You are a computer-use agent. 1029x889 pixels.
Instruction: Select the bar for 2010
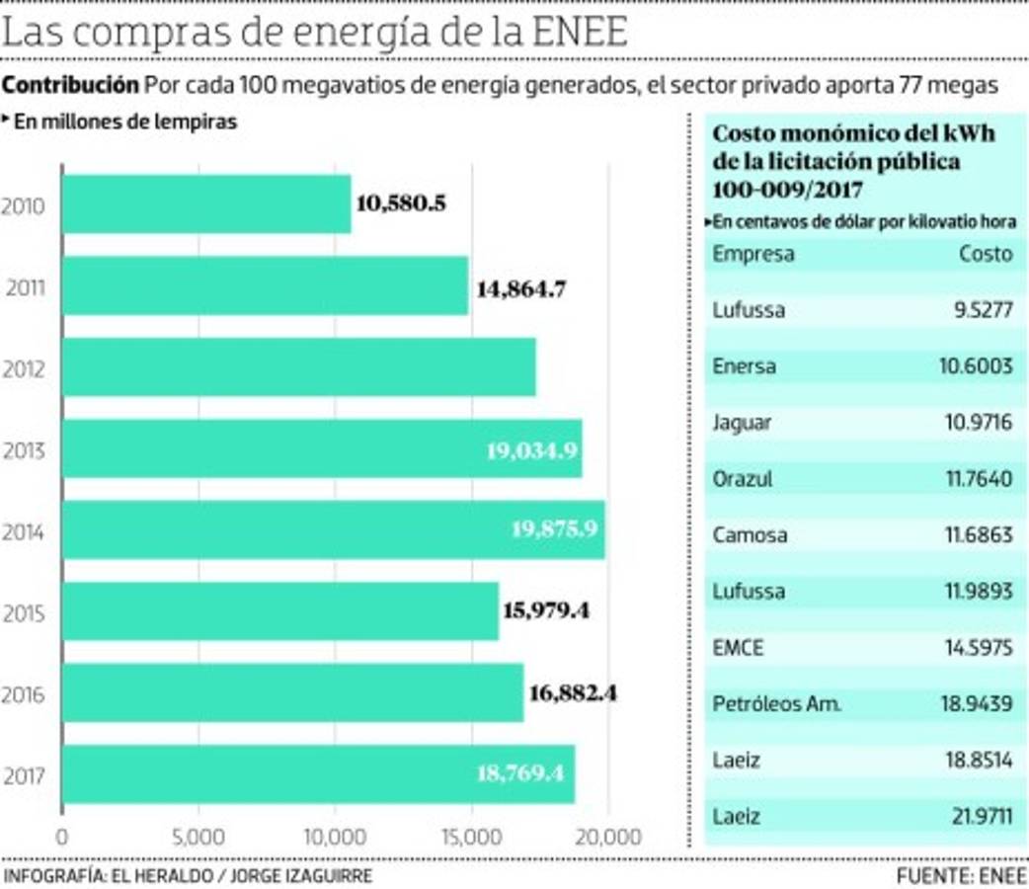(x=206, y=204)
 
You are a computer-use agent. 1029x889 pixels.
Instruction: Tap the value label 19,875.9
(x=554, y=528)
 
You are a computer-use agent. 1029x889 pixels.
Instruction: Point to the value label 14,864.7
(x=520, y=289)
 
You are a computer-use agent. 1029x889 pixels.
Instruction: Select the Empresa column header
(x=752, y=254)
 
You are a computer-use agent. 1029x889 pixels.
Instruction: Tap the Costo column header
(x=985, y=254)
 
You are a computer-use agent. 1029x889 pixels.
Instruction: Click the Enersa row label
(x=744, y=366)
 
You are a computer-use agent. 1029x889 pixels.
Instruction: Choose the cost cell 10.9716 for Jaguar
(x=975, y=423)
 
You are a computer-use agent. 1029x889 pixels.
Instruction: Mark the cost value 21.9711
(x=975, y=818)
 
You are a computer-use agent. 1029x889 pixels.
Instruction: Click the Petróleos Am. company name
(x=776, y=705)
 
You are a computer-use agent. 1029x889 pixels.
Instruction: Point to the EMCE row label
(x=738, y=649)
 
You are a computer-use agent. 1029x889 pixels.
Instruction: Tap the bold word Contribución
(x=70, y=85)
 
